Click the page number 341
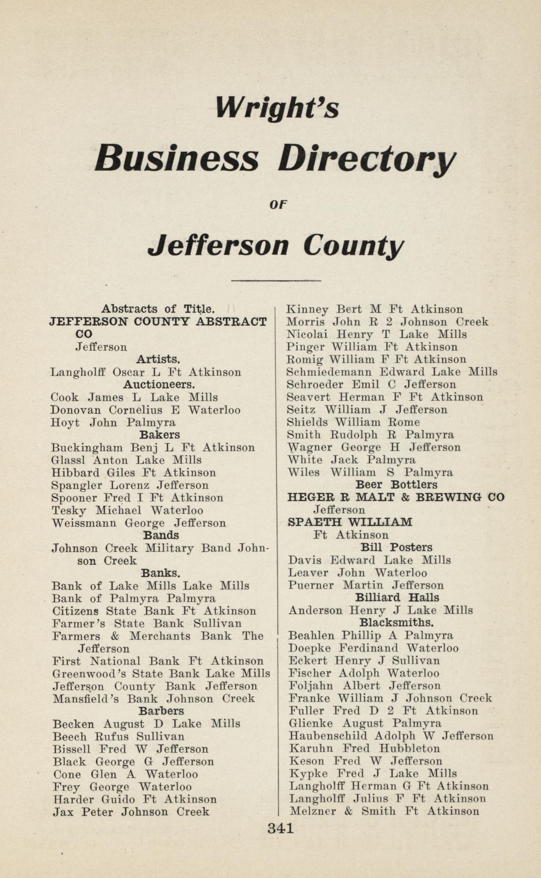(x=281, y=828)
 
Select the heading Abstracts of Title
(x=157, y=309)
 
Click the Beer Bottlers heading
(x=396, y=485)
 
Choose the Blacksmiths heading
(x=396, y=622)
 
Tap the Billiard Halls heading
(x=397, y=598)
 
